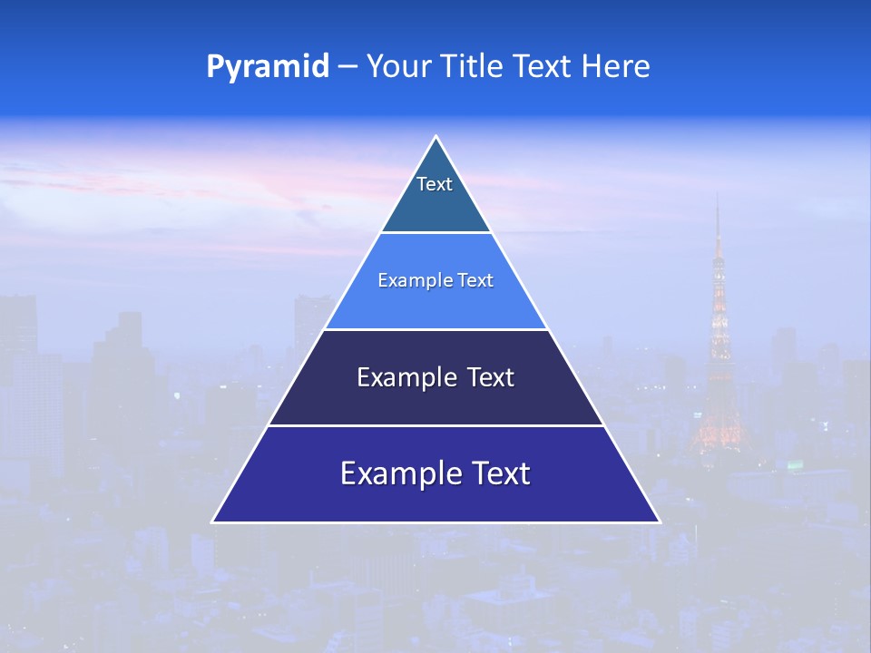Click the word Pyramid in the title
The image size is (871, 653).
pos(268,67)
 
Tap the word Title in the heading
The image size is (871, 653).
pos(471,67)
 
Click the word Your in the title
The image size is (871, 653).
pos(399,67)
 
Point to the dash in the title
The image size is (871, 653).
pos(347,67)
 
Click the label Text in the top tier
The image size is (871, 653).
pos(435,184)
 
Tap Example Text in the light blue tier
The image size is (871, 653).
pos(435,280)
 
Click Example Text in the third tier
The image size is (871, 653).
pos(435,377)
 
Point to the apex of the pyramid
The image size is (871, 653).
pos(435,137)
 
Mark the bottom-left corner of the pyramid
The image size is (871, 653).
pos(212,521)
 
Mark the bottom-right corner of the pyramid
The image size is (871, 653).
pos(660,521)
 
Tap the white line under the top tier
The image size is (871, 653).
pos(435,232)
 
